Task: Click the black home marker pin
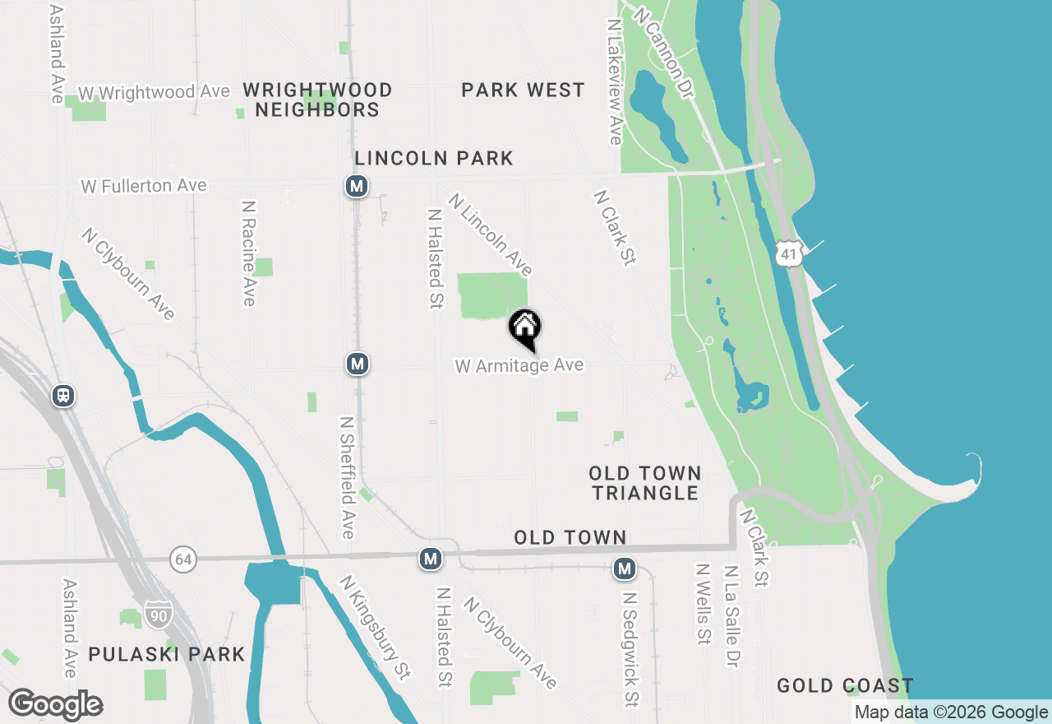pyautogui.click(x=525, y=327)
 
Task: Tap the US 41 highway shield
pyautogui.click(x=788, y=254)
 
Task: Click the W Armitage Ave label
pyautogui.click(x=519, y=365)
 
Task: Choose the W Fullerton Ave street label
pyautogui.click(x=144, y=187)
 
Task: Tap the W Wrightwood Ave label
pyautogui.click(x=154, y=92)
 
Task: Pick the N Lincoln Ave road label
pyautogui.click(x=491, y=234)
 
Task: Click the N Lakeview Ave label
pyautogui.click(x=614, y=82)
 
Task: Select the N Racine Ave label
pyautogui.click(x=248, y=253)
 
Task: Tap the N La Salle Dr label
pyautogui.click(x=731, y=615)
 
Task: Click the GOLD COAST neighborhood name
pyautogui.click(x=845, y=685)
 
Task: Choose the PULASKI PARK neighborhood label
pyautogui.click(x=167, y=655)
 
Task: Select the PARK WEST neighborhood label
pyautogui.click(x=523, y=90)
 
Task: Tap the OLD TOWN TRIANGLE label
pyautogui.click(x=645, y=483)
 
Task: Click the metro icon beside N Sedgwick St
pyautogui.click(x=625, y=569)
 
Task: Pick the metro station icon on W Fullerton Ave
pyautogui.click(x=356, y=187)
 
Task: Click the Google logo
pyautogui.click(x=56, y=704)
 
